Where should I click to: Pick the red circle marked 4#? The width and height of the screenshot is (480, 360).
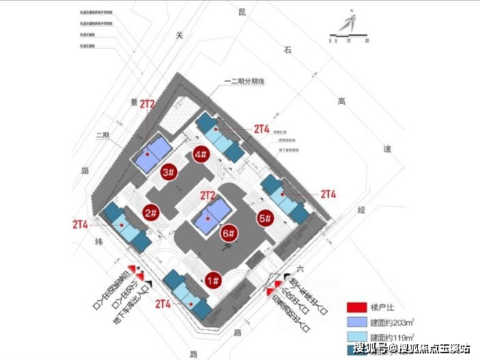tap(201, 154)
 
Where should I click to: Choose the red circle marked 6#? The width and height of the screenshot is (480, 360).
tap(229, 234)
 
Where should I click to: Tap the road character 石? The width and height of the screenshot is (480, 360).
tap(288, 49)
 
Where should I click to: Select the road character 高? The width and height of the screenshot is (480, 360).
tap(341, 101)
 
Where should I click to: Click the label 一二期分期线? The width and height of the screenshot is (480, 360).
tap(244, 81)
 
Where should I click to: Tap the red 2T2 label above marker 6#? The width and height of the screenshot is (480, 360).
tap(208, 195)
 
